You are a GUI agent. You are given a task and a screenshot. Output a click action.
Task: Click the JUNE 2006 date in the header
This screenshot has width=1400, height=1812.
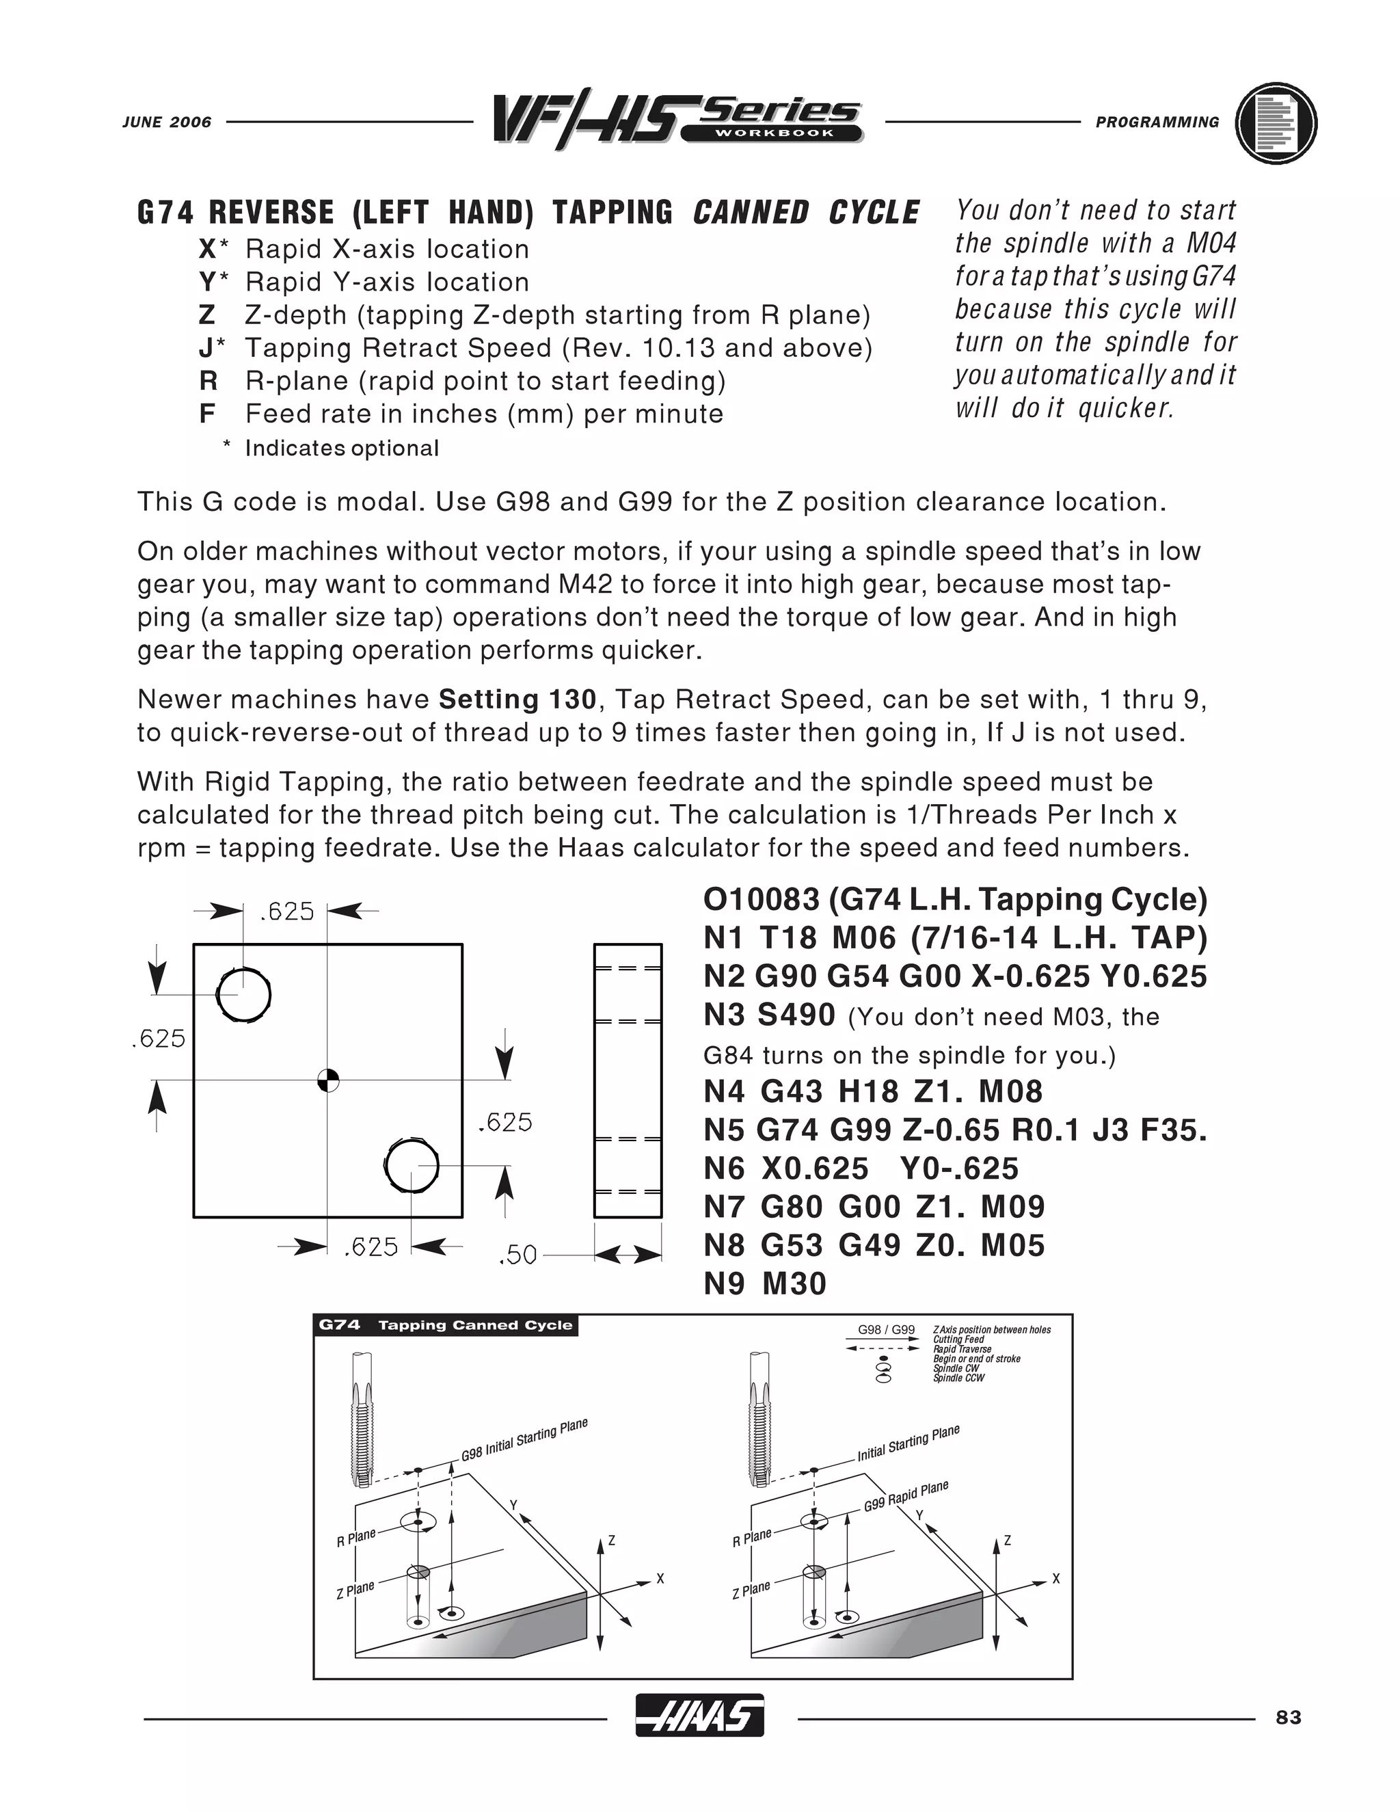tap(167, 122)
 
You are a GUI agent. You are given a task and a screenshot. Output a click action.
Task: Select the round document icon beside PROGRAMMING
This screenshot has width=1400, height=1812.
tap(1276, 123)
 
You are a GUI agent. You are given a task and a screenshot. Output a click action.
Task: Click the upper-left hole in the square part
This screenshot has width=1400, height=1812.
tap(244, 995)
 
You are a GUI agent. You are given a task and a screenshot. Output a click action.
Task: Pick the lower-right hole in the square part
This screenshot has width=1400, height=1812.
tap(412, 1165)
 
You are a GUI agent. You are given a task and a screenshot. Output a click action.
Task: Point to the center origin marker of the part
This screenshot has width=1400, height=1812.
tap(328, 1080)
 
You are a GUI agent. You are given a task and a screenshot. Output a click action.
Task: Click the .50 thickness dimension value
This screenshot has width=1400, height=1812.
tap(517, 1255)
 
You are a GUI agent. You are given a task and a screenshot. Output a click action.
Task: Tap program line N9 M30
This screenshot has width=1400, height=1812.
tap(765, 1284)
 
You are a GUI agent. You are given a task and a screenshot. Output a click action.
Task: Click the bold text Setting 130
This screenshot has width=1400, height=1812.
tap(517, 700)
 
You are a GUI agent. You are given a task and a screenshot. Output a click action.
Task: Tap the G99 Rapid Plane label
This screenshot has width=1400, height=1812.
tap(906, 1496)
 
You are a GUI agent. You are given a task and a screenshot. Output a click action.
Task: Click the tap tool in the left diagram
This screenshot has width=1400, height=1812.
tap(361, 1419)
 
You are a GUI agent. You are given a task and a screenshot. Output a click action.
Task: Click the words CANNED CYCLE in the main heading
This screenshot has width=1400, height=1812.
tap(806, 213)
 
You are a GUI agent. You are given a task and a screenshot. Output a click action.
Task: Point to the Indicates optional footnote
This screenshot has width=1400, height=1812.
tap(341, 449)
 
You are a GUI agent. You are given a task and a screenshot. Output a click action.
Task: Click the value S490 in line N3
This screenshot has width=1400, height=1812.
tap(797, 1015)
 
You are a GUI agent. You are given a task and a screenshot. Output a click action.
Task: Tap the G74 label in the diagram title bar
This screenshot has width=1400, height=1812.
tap(339, 1325)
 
